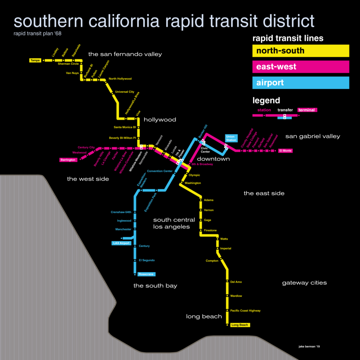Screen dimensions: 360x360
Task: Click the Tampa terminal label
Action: (x=35, y=60)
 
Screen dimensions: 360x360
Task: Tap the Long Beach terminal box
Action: (x=240, y=325)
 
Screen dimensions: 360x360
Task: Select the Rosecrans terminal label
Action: (x=146, y=274)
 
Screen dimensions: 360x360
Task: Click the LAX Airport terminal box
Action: (x=121, y=243)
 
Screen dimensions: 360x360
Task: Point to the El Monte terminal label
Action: (x=285, y=151)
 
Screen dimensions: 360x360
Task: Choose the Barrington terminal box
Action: (x=68, y=159)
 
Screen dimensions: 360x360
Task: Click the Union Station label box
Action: (x=231, y=138)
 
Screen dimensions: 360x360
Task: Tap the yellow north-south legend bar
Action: (x=301, y=51)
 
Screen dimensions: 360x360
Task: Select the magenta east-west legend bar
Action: (x=301, y=67)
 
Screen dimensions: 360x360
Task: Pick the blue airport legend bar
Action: (x=301, y=83)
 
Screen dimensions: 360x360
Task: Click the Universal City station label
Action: (x=124, y=92)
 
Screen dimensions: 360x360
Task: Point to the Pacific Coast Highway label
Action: (x=245, y=311)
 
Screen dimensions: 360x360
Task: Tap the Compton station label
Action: (x=212, y=261)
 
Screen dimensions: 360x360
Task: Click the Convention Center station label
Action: (x=160, y=171)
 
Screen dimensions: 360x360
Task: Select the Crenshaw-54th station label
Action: (x=121, y=212)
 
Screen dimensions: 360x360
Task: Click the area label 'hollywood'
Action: (x=160, y=120)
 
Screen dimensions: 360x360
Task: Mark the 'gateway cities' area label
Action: (x=304, y=283)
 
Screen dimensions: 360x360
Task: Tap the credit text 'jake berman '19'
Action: (x=309, y=347)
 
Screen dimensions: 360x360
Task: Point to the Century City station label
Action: (x=86, y=147)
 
